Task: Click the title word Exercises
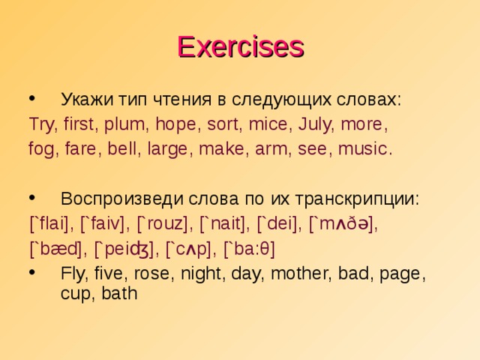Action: tap(240, 46)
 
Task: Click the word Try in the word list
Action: tap(42, 124)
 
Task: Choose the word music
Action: tap(364, 148)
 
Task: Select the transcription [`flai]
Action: tap(51, 223)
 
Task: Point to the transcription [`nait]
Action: tap(226, 223)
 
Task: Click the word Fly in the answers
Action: tap(73, 274)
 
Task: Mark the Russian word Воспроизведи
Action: tap(115, 199)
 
